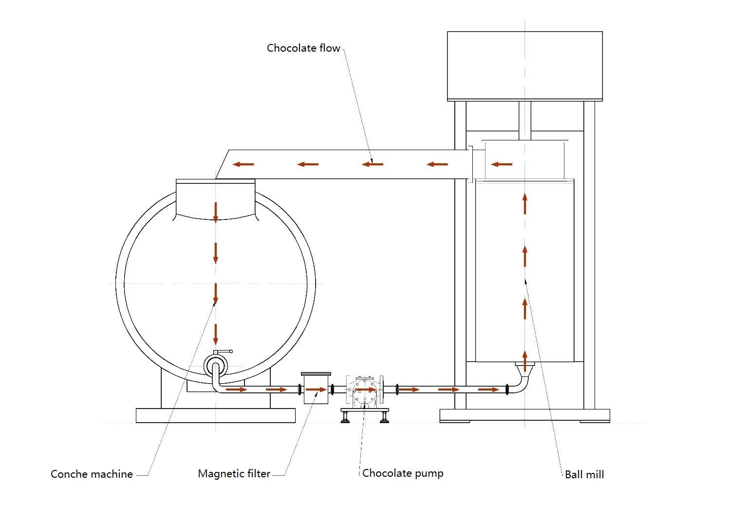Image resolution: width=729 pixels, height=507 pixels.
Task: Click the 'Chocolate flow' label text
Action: [303, 48]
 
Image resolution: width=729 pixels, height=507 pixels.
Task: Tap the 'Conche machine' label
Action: [92, 474]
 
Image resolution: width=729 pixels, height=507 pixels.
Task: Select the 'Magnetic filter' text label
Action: [234, 474]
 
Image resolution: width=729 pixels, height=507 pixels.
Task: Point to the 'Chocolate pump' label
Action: [403, 473]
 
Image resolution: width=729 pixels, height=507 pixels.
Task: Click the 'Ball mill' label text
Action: [584, 474]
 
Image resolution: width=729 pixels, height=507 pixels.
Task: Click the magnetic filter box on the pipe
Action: [316, 388]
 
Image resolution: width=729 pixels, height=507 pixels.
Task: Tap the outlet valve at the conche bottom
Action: [215, 365]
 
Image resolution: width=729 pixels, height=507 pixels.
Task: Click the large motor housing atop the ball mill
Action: [524, 66]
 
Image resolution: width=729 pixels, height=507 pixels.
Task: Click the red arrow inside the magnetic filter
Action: [316, 390]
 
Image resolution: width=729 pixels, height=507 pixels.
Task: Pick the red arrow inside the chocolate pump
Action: [365, 390]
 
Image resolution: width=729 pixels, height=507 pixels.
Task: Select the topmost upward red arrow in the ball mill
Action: [524, 204]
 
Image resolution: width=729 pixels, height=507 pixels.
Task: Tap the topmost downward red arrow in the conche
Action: [215, 213]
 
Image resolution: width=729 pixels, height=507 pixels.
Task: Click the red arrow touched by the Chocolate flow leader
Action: [373, 164]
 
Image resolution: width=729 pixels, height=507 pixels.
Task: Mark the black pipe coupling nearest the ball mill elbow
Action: [507, 390]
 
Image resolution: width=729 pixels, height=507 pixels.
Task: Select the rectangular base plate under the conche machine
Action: [215, 415]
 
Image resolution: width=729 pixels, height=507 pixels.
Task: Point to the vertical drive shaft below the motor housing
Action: [524, 120]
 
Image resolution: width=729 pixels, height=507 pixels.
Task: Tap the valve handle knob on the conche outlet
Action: [231, 351]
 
